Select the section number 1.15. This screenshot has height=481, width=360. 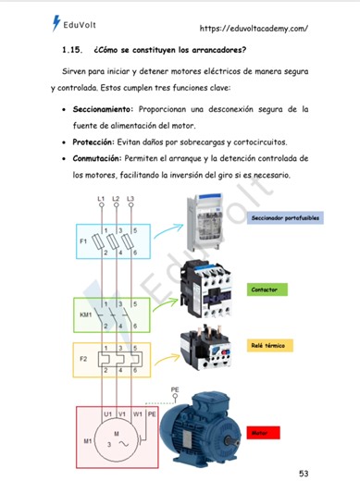(74, 48)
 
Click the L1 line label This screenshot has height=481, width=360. (100, 199)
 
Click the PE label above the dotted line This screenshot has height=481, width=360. (176, 390)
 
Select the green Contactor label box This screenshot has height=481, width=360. (264, 290)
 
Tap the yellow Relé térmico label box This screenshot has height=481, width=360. (267, 345)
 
